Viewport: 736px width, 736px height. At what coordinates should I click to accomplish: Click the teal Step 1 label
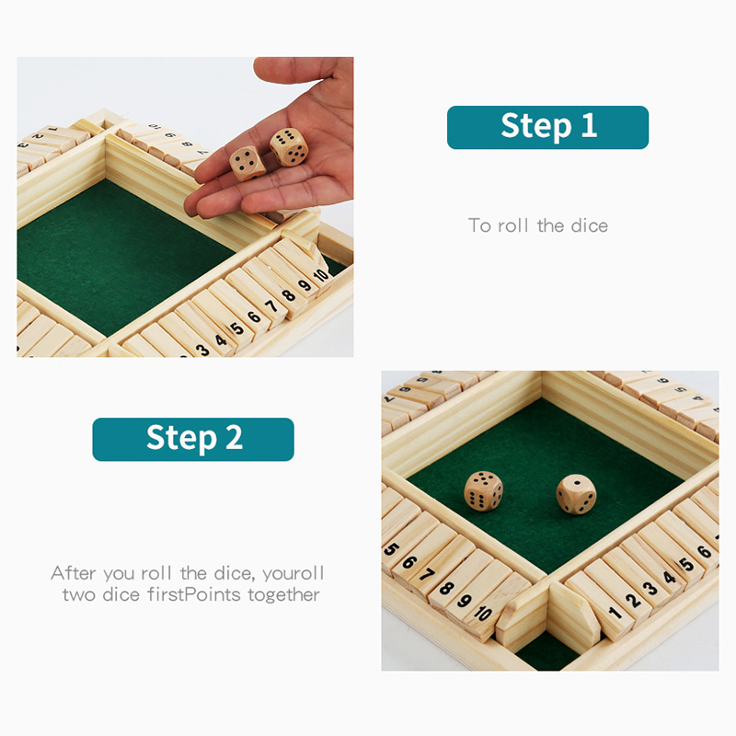click(547, 127)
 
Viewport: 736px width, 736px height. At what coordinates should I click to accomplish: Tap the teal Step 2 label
click(193, 440)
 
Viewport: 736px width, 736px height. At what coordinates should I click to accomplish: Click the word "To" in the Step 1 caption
click(479, 225)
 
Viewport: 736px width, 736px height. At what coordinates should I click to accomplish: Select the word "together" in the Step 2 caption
click(284, 594)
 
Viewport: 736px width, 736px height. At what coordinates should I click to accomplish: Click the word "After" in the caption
click(74, 573)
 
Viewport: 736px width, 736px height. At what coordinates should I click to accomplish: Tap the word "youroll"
click(293, 573)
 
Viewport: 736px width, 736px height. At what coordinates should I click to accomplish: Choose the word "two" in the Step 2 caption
click(80, 595)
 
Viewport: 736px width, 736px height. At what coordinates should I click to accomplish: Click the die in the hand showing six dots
click(289, 147)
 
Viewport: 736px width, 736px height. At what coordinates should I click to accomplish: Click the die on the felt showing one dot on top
click(577, 495)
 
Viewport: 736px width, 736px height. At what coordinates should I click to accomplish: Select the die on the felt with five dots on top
click(484, 491)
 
